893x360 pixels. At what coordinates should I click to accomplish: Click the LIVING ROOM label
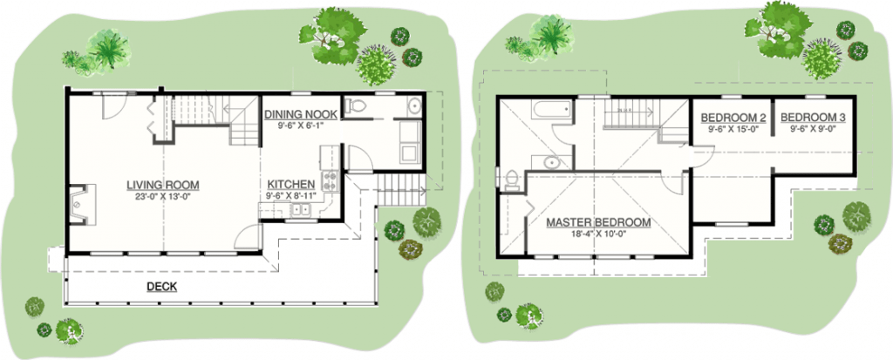tap(162, 185)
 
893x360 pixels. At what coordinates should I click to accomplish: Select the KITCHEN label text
tap(290, 185)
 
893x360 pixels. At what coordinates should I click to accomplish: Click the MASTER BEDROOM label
tap(598, 223)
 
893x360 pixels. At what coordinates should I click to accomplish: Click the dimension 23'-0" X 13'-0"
tap(162, 197)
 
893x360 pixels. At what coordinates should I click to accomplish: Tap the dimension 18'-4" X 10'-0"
tap(598, 235)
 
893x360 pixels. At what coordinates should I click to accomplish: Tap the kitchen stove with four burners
tap(331, 181)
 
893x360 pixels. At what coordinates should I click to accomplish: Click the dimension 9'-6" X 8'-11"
tap(290, 197)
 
